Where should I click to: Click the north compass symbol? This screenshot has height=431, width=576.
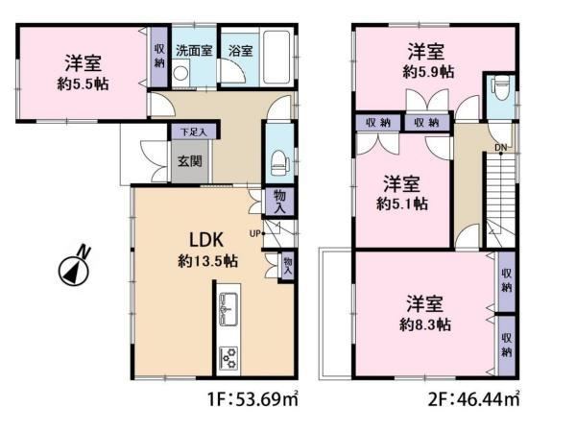(75, 269)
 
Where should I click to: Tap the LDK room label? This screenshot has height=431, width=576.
(206, 240)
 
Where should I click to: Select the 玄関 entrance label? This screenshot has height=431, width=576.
(190, 161)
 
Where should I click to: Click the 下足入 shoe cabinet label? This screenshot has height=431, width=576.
(194, 132)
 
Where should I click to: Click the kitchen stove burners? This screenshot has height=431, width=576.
(228, 358)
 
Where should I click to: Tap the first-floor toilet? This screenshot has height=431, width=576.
(278, 163)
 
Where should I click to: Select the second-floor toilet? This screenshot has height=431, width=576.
(501, 87)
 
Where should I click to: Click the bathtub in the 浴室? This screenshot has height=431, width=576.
(277, 58)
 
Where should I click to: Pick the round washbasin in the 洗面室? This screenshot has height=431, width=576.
(180, 73)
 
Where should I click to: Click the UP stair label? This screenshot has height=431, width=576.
(255, 233)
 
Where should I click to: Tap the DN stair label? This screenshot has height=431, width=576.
(500, 148)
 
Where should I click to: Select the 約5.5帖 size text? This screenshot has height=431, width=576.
(83, 84)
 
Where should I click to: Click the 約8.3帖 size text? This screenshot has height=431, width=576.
(425, 324)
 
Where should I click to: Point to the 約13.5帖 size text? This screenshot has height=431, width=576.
(208, 261)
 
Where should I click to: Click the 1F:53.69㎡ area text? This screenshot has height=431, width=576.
(252, 398)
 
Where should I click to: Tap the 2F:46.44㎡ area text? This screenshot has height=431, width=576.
(473, 398)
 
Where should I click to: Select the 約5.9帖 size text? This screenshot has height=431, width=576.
(428, 72)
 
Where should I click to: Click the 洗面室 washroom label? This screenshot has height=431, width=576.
(194, 50)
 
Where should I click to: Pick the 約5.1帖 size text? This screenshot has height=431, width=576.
(402, 204)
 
